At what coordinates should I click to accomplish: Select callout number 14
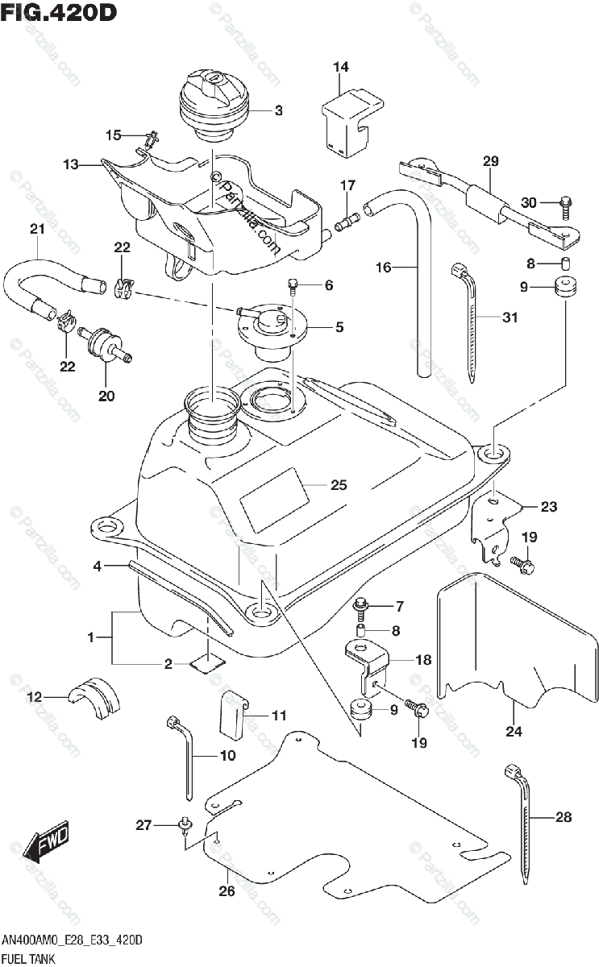pos(342,68)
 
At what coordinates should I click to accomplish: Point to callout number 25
pos(339,485)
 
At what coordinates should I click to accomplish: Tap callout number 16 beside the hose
pos(383,267)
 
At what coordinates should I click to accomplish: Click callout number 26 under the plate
pos(227,890)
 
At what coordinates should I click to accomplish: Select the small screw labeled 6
pos(293,284)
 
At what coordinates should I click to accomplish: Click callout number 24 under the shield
pos(514,732)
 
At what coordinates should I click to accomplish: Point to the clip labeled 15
pos(148,140)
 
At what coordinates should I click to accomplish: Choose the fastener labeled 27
pos(186,824)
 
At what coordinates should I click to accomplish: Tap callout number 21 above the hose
pos(35,230)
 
